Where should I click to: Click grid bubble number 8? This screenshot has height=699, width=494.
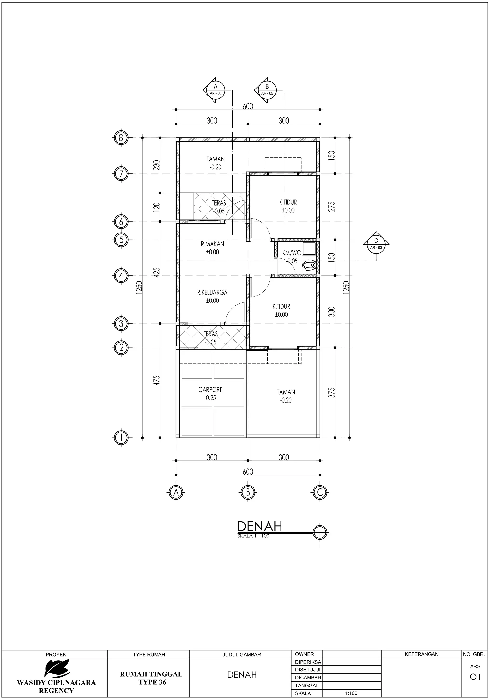pyautogui.click(x=121, y=138)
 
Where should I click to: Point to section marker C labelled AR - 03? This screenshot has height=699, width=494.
pyautogui.click(x=376, y=244)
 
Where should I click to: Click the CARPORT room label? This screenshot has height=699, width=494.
pyautogui.click(x=210, y=390)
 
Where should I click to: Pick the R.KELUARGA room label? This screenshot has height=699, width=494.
pyautogui.click(x=212, y=293)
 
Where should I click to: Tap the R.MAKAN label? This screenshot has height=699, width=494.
pyautogui.click(x=213, y=244)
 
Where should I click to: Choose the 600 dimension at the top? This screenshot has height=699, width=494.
pyautogui.click(x=248, y=106)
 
